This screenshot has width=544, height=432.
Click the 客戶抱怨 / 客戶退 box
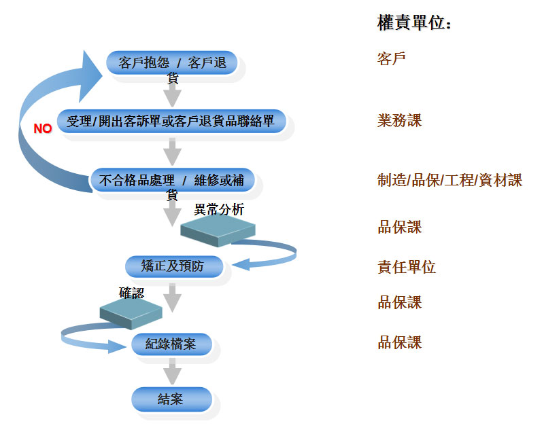pyautogui.click(x=172, y=64)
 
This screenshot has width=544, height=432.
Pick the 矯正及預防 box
pyautogui.click(x=174, y=266)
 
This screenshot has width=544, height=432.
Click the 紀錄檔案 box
pyautogui.click(x=171, y=344)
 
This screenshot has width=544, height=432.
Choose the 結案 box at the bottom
pyautogui.click(x=171, y=399)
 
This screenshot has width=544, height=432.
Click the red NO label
pyautogui.click(x=43, y=128)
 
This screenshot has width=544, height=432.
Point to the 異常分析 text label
pyautogui.click(x=218, y=210)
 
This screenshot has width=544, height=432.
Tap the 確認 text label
pyautogui.click(x=132, y=293)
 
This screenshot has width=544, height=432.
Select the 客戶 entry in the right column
pyautogui.click(x=391, y=58)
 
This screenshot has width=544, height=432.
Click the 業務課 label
pyautogui.click(x=400, y=121)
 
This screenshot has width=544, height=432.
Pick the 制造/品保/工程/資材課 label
pyautogui.click(x=449, y=180)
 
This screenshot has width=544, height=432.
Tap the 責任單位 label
pyautogui.click(x=407, y=267)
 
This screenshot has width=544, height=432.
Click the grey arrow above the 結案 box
pyautogui.click(x=173, y=372)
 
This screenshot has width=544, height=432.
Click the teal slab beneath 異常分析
pyautogui.click(x=218, y=231)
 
